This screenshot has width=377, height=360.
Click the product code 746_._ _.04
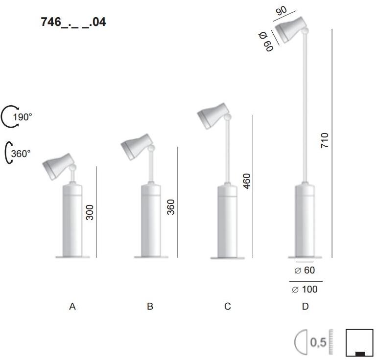(74, 22)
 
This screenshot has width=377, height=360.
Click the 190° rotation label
(23, 117)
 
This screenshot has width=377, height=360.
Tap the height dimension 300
(90, 212)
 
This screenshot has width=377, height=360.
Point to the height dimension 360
(170, 207)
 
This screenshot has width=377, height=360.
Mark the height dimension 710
(325, 141)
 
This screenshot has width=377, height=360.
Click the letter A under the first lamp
(72, 307)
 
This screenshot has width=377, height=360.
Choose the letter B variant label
(150, 307)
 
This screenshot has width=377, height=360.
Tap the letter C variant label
(227, 307)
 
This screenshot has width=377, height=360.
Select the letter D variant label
(305, 307)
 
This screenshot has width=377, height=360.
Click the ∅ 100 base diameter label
(305, 289)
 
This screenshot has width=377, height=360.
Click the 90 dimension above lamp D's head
(282, 11)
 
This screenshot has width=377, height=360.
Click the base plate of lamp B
(149, 256)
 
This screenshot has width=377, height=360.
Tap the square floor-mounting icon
(359, 344)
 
